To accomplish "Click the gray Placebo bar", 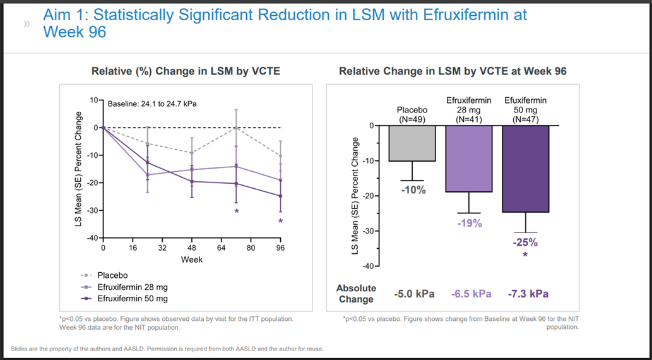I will click(412, 143).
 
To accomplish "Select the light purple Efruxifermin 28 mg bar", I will click(469, 159).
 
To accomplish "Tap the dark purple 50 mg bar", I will click(525, 169).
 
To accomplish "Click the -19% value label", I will click(469, 223).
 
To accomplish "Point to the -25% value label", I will click(525, 243).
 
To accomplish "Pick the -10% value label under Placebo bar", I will click(413, 190).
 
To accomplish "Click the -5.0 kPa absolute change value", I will click(414, 294).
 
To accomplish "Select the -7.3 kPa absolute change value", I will click(528, 294).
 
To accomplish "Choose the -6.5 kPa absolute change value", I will click(471, 294).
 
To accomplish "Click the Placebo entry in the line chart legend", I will click(112, 275).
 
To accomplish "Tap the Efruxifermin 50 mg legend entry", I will click(132, 299).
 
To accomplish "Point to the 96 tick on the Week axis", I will click(280, 248).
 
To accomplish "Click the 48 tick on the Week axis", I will click(192, 248).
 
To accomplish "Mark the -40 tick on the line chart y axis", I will click(92, 237).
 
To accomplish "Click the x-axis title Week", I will click(192, 260).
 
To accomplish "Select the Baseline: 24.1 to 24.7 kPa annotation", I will click(152, 104).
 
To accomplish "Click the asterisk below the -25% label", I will click(525, 255).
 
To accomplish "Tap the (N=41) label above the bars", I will click(469, 119).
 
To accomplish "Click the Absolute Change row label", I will click(357, 294).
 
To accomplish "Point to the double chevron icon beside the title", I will click(27, 24).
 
